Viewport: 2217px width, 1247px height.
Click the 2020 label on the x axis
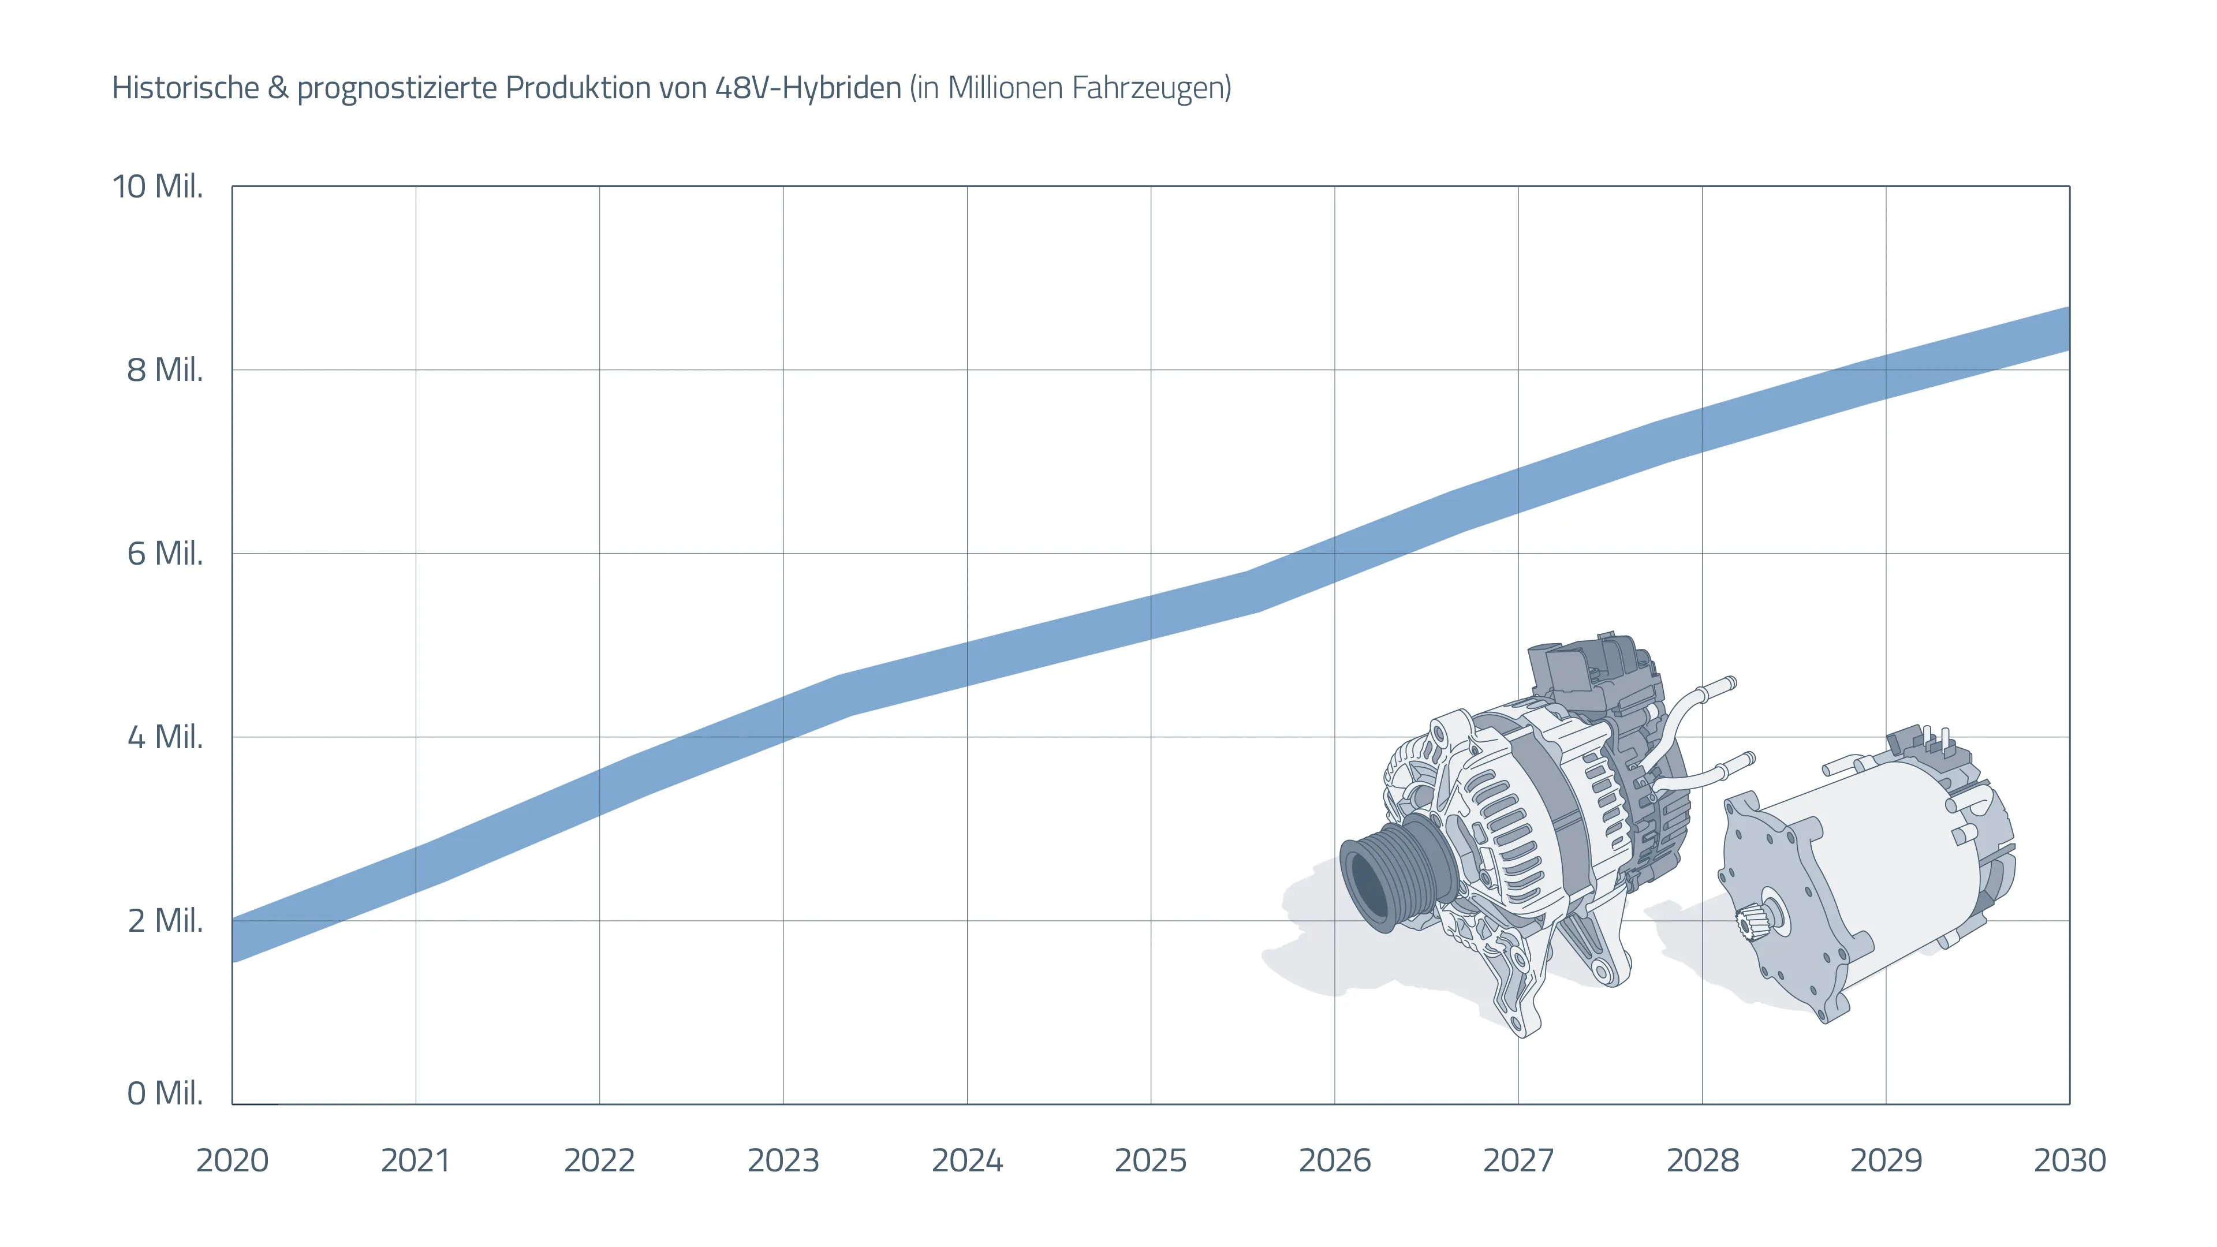pyautogui.click(x=232, y=1160)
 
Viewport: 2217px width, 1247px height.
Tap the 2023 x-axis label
pyautogui.click(x=783, y=1160)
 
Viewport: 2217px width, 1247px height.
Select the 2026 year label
pyautogui.click(x=1334, y=1160)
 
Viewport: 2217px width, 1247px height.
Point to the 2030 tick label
pyautogui.click(x=2069, y=1160)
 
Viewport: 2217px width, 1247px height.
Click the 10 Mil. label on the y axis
pyautogui.click(x=158, y=186)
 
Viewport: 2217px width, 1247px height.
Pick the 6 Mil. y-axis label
pyautogui.click(x=165, y=554)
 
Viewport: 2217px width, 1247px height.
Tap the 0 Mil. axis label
pyautogui.click(x=165, y=1093)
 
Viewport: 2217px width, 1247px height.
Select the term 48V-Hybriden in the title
pyautogui.click(x=808, y=88)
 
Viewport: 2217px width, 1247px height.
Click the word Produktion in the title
pyautogui.click(x=578, y=88)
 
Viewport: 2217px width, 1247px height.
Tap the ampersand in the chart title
pyautogui.click(x=278, y=88)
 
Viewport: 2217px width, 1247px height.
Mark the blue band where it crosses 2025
pyautogui.click(x=1151, y=618)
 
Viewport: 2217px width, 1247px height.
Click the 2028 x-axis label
pyautogui.click(x=1703, y=1160)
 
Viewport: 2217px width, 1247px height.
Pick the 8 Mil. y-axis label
pyautogui.click(x=165, y=370)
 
